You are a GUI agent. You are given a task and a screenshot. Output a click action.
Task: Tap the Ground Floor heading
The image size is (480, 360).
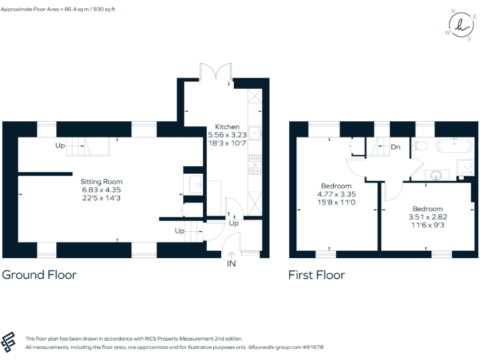(39, 274)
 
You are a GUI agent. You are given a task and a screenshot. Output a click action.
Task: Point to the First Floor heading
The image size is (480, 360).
(316, 274)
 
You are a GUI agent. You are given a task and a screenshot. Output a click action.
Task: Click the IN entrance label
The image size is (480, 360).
(232, 264)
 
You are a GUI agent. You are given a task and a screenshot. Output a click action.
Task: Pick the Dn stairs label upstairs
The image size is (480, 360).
(395, 147)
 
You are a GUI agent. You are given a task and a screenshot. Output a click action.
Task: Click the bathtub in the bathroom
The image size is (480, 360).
(454, 147)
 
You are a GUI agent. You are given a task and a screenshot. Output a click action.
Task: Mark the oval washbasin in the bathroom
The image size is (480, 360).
(435, 174)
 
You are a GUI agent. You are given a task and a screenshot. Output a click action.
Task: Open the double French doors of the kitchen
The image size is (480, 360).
(216, 71)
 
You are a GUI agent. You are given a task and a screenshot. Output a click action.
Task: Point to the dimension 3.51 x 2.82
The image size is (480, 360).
(427, 216)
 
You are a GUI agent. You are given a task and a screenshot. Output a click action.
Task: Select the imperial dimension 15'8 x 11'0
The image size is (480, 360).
(336, 201)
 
